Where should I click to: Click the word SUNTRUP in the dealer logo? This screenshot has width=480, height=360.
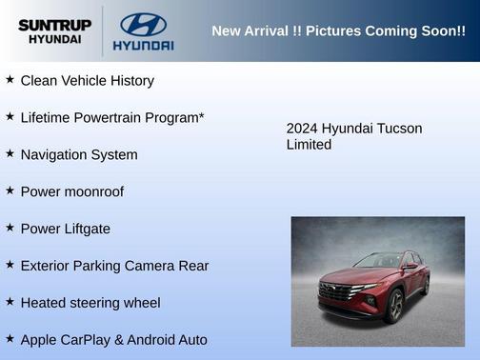coord(54,25)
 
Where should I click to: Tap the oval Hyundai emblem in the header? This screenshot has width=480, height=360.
coord(143,24)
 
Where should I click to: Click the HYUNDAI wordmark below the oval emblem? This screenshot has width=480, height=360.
coord(143,45)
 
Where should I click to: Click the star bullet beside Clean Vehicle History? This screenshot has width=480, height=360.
coord(10,80)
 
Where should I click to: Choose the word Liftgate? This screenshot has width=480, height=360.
coord(85,229)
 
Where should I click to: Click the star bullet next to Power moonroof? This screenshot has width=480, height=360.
coord(10,190)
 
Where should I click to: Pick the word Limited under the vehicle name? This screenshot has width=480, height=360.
coord(309,145)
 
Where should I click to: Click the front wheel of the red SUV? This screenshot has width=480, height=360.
coord(393,308)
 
